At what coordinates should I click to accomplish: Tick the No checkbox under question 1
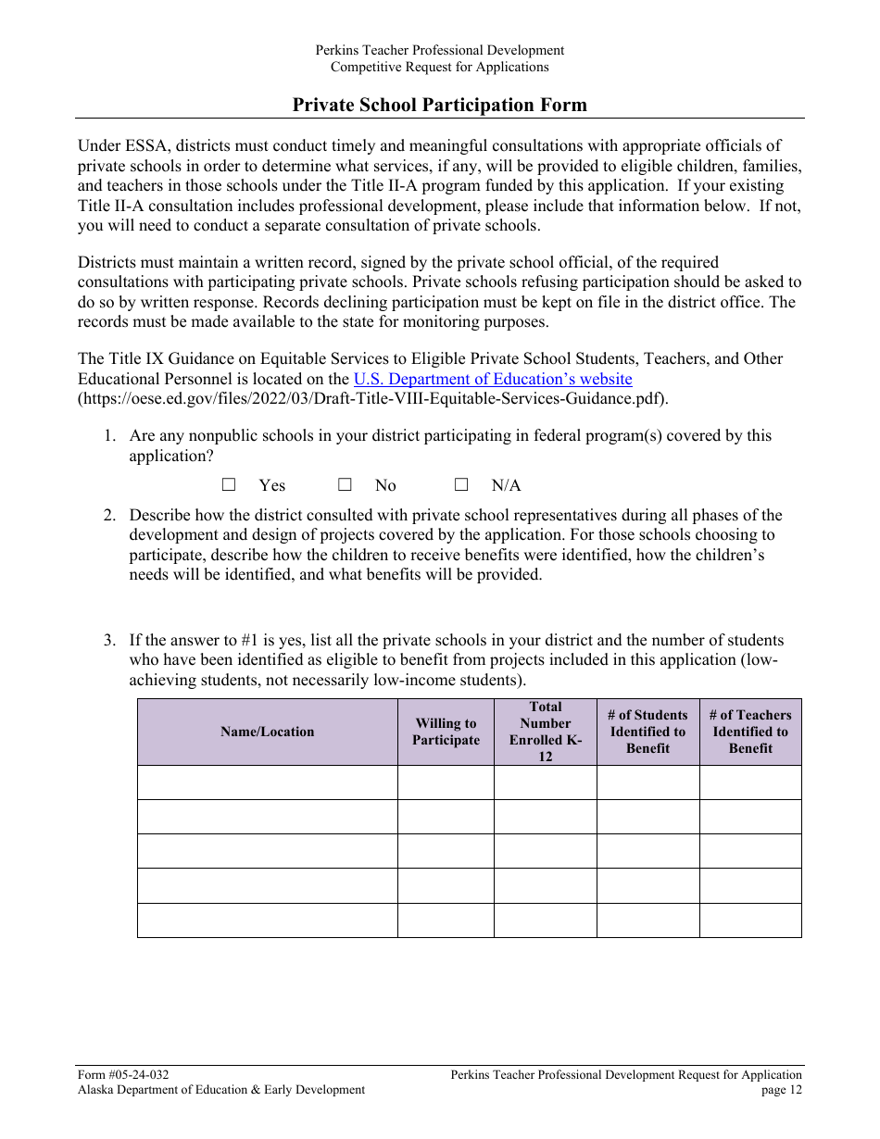[345, 484]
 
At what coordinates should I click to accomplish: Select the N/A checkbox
[461, 484]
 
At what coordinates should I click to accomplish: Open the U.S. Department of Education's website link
[493, 379]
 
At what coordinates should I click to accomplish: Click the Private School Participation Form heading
[440, 105]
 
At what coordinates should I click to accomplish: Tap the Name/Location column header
[268, 732]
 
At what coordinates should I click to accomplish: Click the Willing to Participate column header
[446, 732]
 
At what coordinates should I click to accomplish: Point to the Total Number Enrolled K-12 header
[546, 732]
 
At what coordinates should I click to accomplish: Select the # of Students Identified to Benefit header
[647, 732]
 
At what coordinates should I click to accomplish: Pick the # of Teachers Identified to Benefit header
[750, 732]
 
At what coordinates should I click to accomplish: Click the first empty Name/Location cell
[268, 782]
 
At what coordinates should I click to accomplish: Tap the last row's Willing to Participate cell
[446, 920]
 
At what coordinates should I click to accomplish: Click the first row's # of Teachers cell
[750, 782]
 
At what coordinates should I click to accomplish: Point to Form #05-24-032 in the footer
[123, 1074]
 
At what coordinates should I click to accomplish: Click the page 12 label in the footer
[782, 1090]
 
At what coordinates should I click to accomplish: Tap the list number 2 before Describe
[109, 515]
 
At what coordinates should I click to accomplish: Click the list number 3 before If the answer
[109, 640]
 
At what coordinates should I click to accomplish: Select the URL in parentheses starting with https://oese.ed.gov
[372, 399]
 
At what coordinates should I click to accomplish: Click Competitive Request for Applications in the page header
[440, 67]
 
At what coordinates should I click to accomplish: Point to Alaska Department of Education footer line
[221, 1090]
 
